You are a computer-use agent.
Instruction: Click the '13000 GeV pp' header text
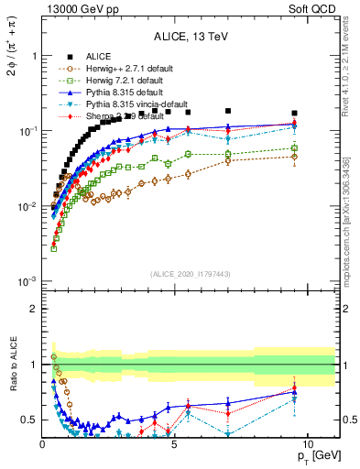click(x=83, y=9)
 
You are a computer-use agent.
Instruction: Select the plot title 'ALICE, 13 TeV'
click(x=191, y=38)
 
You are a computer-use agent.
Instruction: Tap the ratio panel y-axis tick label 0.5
click(x=28, y=420)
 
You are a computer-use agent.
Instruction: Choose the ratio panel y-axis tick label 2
click(x=33, y=309)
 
